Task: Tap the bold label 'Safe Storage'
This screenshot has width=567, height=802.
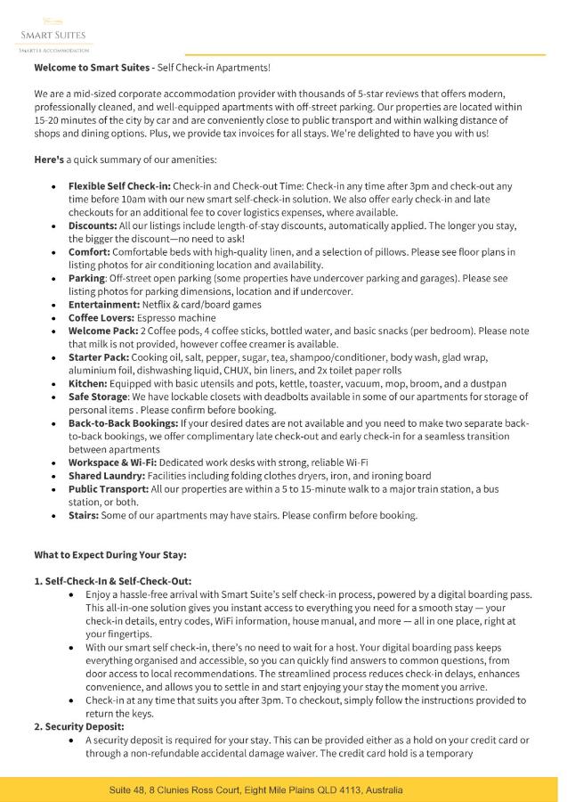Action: [x=99, y=396]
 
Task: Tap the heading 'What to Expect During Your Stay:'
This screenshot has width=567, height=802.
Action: [x=110, y=554]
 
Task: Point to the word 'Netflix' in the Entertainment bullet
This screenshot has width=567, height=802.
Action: [x=166, y=304]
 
